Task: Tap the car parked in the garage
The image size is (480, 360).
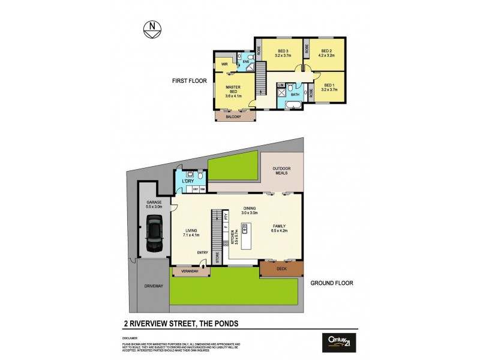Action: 154,234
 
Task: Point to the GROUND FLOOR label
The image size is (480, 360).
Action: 332,283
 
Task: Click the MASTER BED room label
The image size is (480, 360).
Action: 233,91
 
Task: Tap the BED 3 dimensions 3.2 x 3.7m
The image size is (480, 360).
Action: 283,55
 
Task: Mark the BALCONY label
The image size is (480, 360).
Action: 233,117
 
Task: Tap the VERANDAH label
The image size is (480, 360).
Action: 191,272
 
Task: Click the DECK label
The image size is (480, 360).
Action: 281,269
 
